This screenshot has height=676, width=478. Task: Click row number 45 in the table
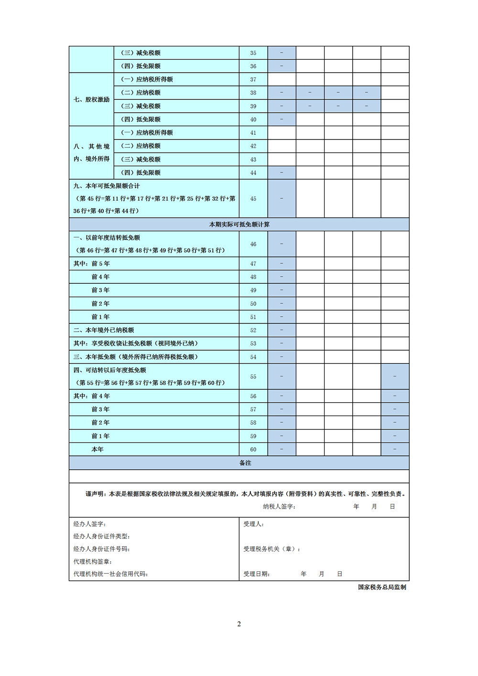coord(253,199)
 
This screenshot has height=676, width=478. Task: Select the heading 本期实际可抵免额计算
coord(239,225)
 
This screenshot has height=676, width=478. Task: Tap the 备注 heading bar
coord(245,463)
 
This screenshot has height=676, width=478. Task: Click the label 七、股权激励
coord(92,99)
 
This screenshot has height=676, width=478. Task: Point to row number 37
coord(253,79)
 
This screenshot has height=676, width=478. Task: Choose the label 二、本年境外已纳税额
coord(104,330)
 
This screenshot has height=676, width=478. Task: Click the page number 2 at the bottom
coord(239,624)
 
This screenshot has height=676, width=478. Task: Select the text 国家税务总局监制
coord(382,587)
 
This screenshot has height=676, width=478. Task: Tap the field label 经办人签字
coord(89,524)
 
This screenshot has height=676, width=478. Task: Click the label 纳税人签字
coord(279,506)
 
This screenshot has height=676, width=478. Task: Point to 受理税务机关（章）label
coord(272,549)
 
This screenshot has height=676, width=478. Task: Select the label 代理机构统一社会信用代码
coord(110,574)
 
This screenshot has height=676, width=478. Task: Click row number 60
coord(253,450)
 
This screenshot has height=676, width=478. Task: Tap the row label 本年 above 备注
coord(98,450)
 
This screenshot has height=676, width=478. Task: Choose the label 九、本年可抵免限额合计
coord(107,186)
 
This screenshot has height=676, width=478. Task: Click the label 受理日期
coord(256,574)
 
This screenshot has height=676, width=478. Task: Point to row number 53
coord(253,343)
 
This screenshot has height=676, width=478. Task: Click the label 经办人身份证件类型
coord(101,537)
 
